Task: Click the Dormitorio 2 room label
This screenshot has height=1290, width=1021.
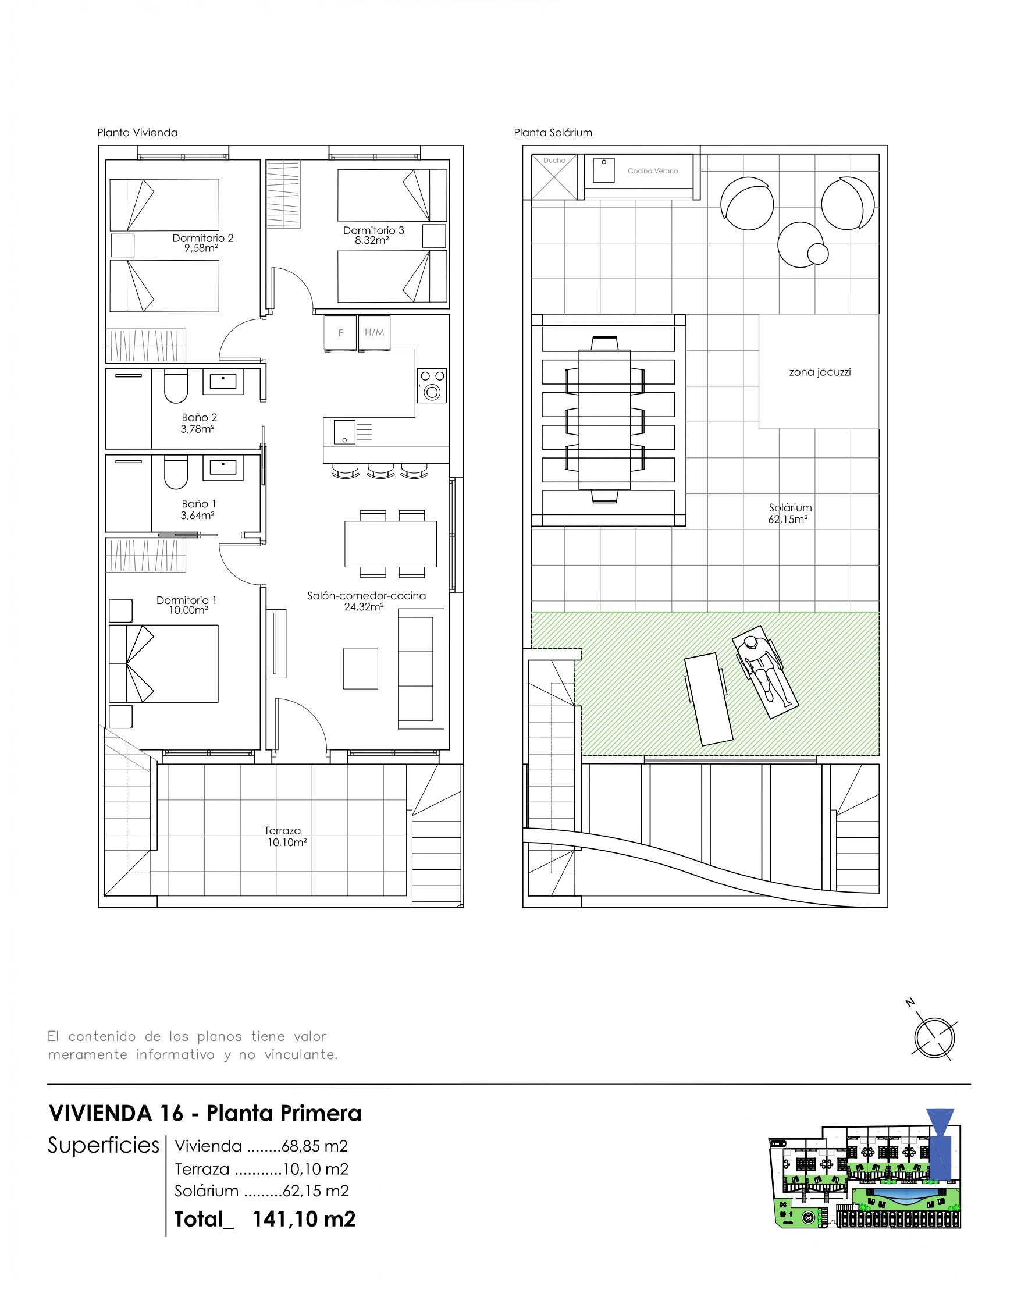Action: (x=202, y=238)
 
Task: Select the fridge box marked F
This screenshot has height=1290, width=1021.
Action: (x=340, y=332)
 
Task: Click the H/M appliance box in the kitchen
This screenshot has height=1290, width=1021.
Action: (x=374, y=332)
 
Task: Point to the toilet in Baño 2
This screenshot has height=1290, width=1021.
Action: (x=176, y=387)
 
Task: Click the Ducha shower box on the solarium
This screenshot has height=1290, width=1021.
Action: (x=554, y=177)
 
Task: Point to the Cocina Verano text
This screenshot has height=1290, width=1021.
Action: (x=653, y=171)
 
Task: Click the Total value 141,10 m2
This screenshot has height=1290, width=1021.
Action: (x=304, y=1218)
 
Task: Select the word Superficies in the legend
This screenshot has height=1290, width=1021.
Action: (x=104, y=1145)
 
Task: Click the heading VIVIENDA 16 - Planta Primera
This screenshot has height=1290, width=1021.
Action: (x=205, y=1113)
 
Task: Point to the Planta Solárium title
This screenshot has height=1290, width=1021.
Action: (x=553, y=132)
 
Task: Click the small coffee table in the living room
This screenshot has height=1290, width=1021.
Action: (x=361, y=669)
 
